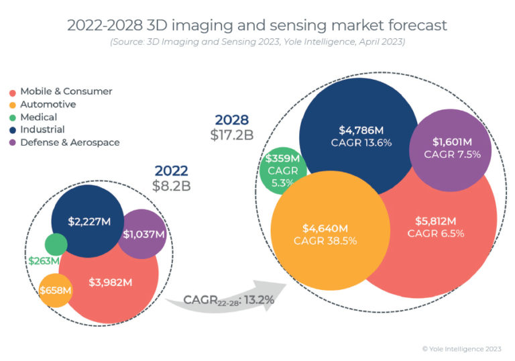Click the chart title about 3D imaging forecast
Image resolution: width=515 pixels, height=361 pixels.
point(257,25)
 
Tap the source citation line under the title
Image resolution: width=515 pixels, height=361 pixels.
point(257,42)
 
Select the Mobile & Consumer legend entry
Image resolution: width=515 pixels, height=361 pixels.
point(66,91)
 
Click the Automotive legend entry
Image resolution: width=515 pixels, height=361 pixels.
point(48,104)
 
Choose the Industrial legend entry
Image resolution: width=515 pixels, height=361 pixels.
point(42,130)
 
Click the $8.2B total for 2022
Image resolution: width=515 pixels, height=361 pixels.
point(172,186)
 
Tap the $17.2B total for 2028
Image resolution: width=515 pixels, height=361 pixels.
point(231,135)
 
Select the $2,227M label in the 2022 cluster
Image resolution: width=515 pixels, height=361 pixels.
point(89,221)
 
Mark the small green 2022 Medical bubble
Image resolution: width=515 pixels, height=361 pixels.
point(56,244)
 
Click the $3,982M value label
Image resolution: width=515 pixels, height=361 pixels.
point(110,282)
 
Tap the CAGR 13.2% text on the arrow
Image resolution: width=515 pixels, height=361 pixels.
point(229,300)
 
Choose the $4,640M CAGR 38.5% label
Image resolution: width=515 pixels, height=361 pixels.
point(329,234)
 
